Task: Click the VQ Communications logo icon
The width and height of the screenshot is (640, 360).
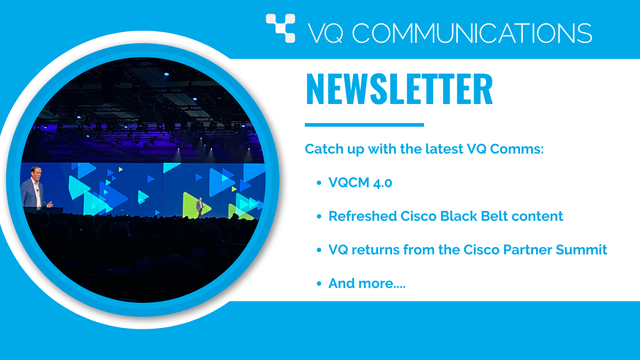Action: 280,28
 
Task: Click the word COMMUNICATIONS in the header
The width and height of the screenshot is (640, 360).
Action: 472,34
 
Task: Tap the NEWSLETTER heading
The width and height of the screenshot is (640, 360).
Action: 399,89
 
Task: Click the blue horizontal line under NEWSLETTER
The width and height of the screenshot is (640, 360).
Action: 364,125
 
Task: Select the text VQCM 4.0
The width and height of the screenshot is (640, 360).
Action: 360,182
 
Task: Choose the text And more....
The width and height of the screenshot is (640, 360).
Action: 367,284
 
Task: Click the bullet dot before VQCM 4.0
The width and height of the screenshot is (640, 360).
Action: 319,183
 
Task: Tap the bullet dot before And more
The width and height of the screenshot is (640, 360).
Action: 319,284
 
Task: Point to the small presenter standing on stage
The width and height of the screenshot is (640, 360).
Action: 200,208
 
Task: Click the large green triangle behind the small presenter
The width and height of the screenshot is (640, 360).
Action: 196,205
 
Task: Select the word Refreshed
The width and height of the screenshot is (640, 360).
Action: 362,216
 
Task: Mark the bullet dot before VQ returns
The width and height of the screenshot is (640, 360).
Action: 319,250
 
